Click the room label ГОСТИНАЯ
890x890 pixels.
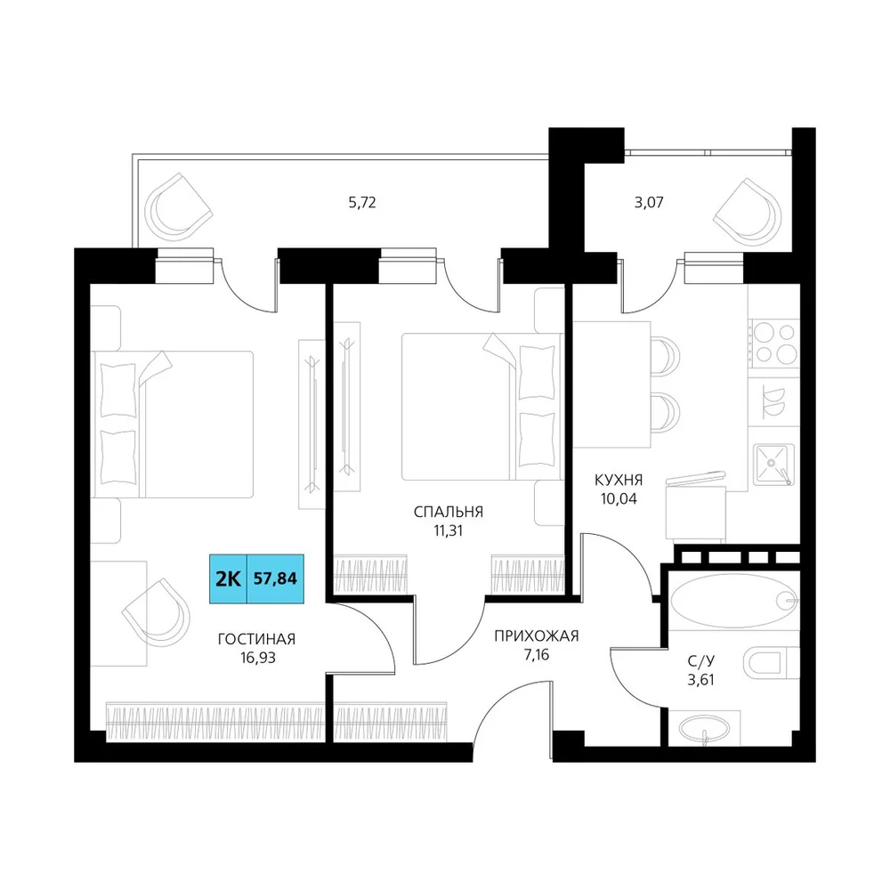point(256,639)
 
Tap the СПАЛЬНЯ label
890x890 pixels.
point(449,512)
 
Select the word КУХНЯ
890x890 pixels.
point(619,481)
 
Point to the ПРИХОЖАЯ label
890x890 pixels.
point(537,635)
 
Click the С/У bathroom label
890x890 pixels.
point(701,660)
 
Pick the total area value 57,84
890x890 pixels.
point(275,578)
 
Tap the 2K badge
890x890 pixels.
point(228,578)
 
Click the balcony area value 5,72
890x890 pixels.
point(362,203)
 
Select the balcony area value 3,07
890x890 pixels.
point(649,203)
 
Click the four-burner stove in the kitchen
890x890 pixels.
point(775,343)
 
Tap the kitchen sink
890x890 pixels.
point(773,465)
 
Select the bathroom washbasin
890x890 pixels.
point(704,728)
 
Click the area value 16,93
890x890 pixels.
point(258,659)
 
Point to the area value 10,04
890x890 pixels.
point(619,499)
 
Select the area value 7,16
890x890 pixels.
point(537,655)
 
